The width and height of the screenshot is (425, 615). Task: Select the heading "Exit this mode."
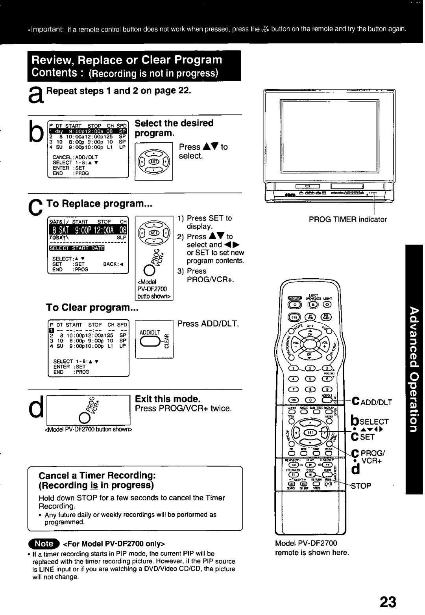168,399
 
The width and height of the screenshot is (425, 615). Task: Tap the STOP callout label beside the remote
361,486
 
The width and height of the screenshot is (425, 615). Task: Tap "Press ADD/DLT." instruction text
208,324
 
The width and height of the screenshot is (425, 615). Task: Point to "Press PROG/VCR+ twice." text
183,409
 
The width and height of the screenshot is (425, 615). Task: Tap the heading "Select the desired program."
174,128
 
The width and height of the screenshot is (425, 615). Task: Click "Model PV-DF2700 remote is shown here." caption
312,548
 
